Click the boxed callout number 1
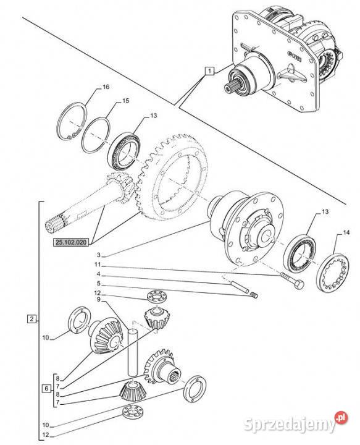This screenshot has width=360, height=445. click(209, 70)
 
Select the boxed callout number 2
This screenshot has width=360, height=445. click(31, 319)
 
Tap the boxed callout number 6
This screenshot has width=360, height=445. click(47, 388)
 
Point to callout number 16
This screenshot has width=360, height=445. click(106, 87)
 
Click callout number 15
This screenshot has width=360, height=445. click(125, 101)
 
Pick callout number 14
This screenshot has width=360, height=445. click(346, 233)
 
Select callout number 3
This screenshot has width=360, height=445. click(99, 255)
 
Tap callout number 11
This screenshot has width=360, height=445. click(98, 265)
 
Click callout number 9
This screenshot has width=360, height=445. click(99, 299)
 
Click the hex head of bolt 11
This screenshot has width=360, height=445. click(298, 284)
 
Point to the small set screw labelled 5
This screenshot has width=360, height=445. click(254, 295)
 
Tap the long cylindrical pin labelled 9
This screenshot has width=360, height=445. click(133, 352)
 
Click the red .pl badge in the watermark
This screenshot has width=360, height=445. click(341, 418)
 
